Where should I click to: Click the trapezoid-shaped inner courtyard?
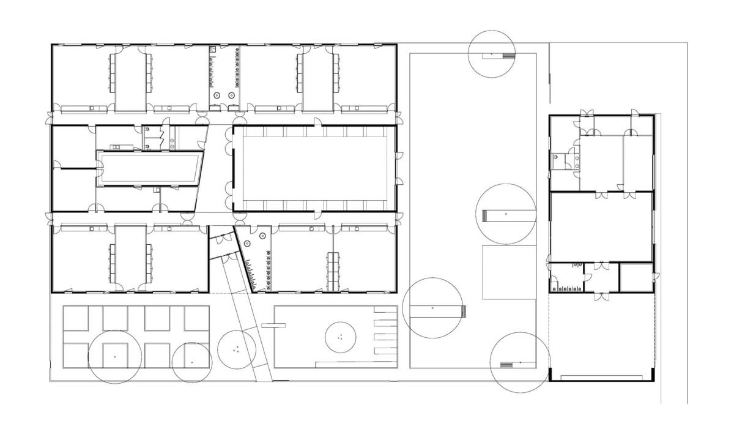point(150,168)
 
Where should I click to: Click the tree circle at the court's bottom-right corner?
point(519,364)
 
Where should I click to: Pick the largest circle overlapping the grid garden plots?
point(115,357)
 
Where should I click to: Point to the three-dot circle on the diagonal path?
point(236,349)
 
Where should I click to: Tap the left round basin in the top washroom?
point(216,95)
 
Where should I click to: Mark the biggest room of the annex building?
point(601,226)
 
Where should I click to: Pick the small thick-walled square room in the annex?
point(636,278)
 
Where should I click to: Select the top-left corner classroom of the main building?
point(82,78)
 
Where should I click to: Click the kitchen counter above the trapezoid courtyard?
point(119,147)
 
